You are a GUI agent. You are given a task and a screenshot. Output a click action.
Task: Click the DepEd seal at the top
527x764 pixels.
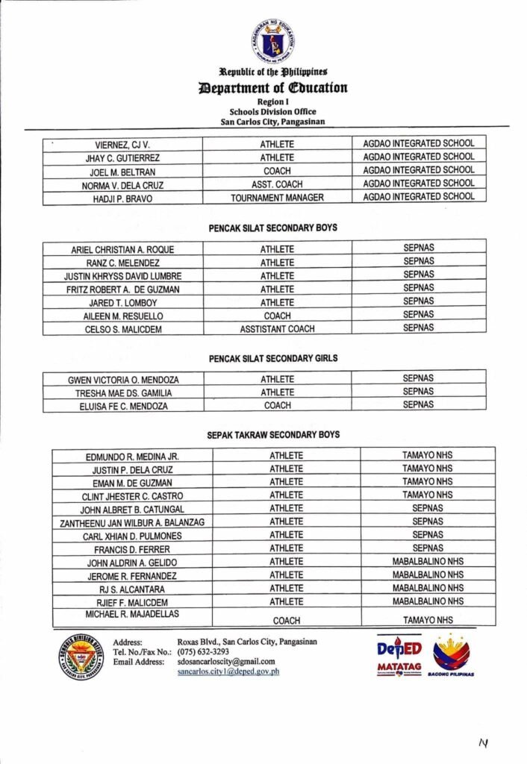(272, 41)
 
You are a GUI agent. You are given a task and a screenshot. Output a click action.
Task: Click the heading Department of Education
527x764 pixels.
(272, 88)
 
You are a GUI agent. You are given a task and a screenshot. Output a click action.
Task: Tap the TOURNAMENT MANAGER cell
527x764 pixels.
(277, 198)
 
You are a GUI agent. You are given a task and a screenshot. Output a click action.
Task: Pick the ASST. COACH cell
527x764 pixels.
(277, 184)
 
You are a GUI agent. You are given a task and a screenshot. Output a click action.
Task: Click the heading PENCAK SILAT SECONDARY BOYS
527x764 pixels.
(272, 228)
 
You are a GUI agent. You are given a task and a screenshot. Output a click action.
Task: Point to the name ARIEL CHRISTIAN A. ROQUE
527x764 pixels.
(122, 250)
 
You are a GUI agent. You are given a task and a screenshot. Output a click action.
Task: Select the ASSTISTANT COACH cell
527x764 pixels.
(277, 328)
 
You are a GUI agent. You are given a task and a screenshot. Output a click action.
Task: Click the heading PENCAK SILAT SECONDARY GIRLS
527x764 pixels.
(272, 358)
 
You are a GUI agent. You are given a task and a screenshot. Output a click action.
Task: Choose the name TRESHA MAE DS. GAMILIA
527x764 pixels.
(123, 393)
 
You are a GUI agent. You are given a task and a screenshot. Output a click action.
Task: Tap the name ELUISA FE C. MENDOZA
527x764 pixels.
(123, 407)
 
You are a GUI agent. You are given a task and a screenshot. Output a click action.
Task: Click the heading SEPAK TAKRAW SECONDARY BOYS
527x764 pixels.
(272, 434)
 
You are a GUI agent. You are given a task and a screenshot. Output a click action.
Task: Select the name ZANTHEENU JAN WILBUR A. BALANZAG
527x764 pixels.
(132, 522)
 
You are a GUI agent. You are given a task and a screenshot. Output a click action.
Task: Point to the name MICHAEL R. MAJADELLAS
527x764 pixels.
(132, 613)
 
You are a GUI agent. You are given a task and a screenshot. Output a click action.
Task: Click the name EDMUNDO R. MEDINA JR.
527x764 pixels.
(132, 456)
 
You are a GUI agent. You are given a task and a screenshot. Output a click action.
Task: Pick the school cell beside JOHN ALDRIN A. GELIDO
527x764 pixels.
(428, 562)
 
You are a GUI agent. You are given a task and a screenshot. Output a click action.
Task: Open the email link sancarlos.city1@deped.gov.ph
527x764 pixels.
(228, 671)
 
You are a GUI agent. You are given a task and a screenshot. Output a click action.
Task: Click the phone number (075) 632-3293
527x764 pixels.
(203, 651)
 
